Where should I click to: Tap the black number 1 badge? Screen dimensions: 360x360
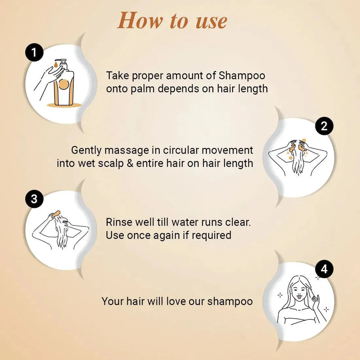coord(34,52)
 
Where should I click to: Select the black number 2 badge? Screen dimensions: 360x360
coord(324,126)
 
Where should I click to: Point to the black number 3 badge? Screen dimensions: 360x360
coord(34,199)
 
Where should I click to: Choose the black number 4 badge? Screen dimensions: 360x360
coord(324,269)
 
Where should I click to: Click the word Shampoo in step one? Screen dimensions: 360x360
coord(242,76)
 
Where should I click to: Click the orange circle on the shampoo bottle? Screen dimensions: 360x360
coord(63,84)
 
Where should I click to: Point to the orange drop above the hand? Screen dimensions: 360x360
coord(56,65)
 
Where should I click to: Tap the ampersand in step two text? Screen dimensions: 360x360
coord(130,163)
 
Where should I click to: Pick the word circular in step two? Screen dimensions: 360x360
coord(181,150)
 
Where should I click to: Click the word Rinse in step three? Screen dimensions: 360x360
coord(119,222)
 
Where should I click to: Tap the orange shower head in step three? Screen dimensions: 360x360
coord(56,214)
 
